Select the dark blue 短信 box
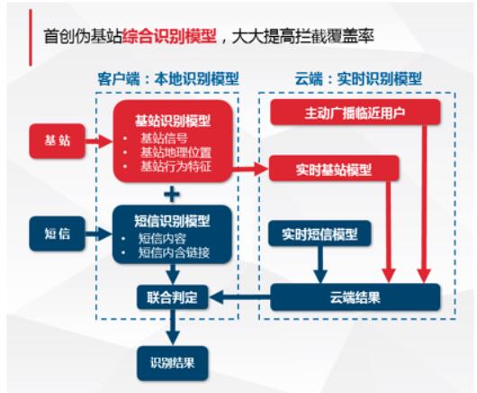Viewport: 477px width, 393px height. tap(56, 233)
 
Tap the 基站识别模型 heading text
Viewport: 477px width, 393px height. tap(173, 120)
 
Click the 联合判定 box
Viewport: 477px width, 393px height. tap(172, 296)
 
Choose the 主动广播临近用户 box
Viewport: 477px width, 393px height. tap(355, 113)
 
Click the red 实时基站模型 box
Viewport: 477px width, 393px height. tap(332, 169)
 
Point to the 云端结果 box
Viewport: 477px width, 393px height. tap(355, 297)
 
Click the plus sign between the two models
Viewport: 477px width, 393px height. tap(172, 193)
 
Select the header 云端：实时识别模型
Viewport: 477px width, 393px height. tap(357, 79)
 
